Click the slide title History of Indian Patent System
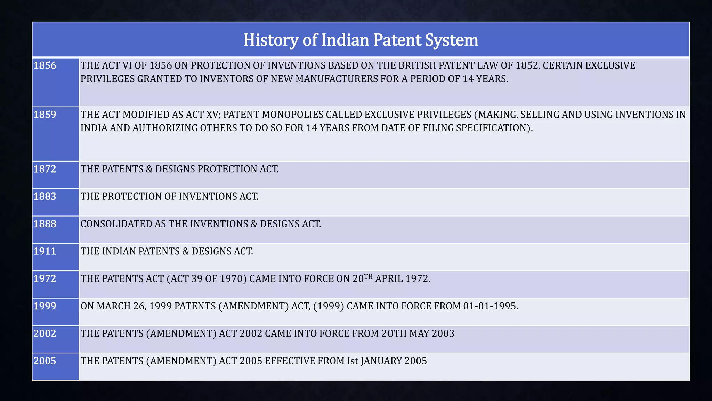pyautogui.click(x=361, y=40)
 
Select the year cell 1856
pyautogui.click(x=45, y=65)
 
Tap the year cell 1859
pyautogui.click(x=45, y=115)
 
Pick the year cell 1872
pyautogui.click(x=45, y=169)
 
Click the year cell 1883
pyautogui.click(x=45, y=197)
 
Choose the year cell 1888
pyautogui.click(x=45, y=224)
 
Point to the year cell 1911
pyautogui.click(x=45, y=251)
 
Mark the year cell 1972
pyautogui.click(x=45, y=279)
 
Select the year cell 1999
pyautogui.click(x=45, y=306)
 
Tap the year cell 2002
pyautogui.click(x=45, y=333)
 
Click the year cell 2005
pyautogui.click(x=45, y=361)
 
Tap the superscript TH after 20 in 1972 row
pyautogui.click(x=368, y=277)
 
